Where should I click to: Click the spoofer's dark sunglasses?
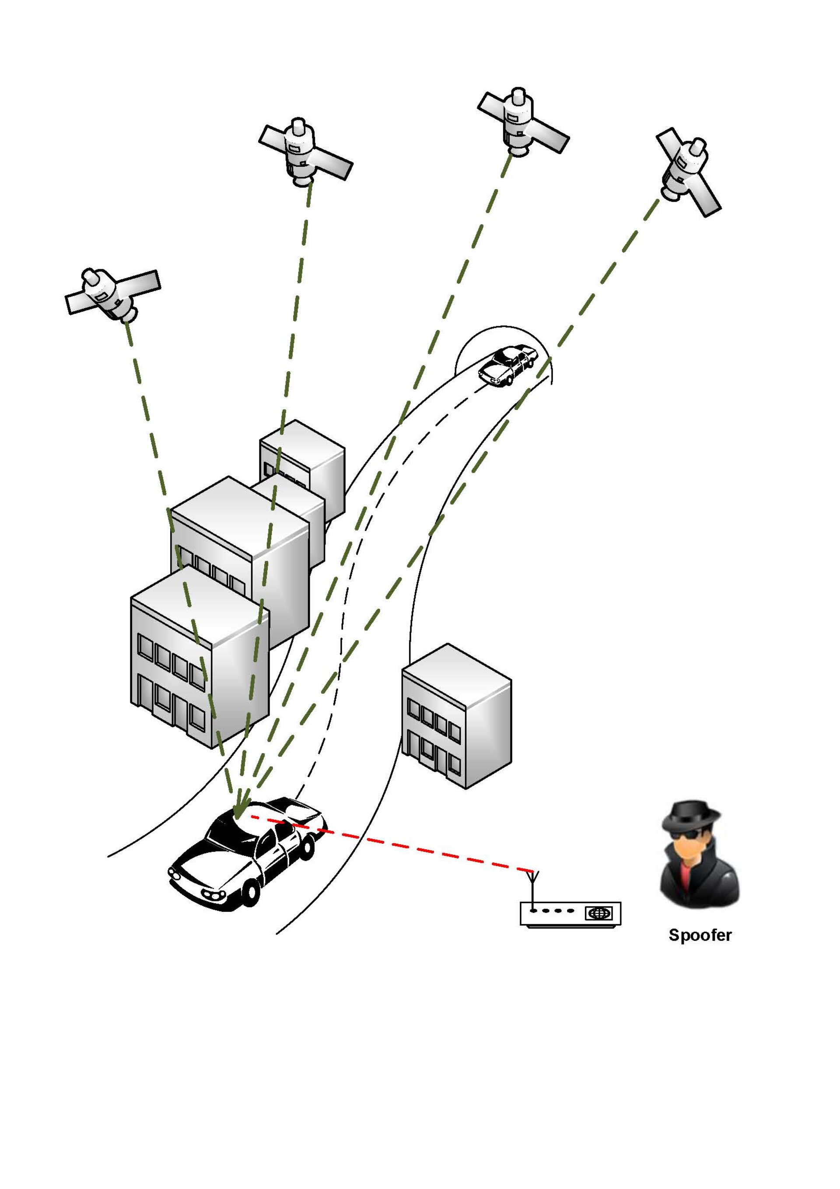coord(690,834)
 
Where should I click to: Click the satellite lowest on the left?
coord(112,294)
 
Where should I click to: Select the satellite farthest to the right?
coord(688,172)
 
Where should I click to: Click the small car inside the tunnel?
coord(507,365)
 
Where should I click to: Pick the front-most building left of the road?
coord(199,658)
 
